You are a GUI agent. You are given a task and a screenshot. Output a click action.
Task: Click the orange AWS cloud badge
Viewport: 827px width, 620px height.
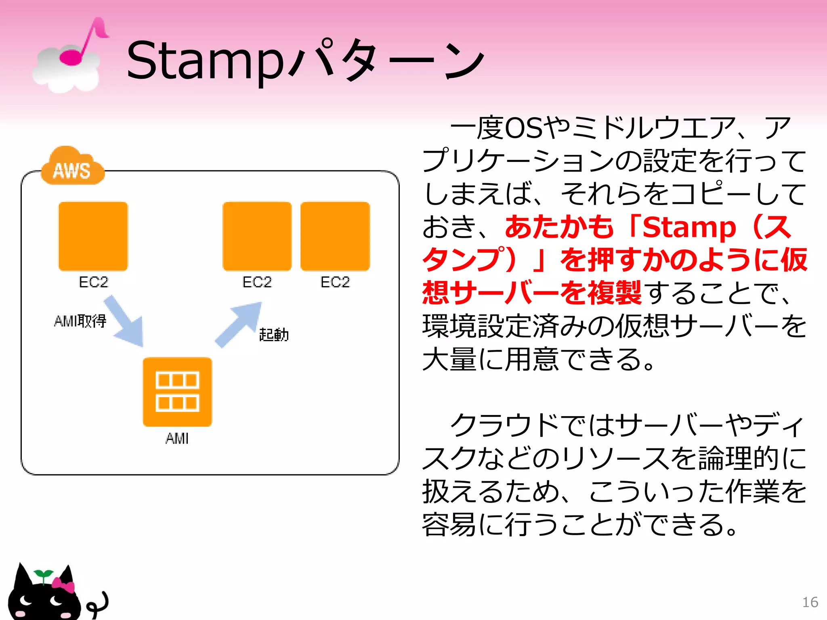pos(72,168)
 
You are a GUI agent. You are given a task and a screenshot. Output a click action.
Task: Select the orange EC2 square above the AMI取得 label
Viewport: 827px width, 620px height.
pos(93,237)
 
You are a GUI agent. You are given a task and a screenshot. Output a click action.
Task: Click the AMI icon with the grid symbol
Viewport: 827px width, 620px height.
pos(177,392)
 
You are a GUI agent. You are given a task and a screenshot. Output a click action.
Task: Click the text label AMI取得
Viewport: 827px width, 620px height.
pos(80,321)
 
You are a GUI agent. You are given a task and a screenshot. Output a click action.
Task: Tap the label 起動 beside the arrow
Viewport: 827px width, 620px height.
pos(274,335)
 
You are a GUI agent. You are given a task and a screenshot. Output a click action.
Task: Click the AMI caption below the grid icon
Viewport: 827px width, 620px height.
pos(177,438)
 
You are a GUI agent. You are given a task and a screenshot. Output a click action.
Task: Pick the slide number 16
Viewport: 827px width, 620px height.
pos(810,602)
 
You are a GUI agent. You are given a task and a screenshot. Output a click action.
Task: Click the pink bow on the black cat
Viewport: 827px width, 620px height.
pos(64,585)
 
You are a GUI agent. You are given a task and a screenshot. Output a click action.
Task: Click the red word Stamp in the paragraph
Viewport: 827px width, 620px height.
pos(689,228)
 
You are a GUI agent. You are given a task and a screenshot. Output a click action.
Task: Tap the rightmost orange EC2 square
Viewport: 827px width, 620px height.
pos(335,237)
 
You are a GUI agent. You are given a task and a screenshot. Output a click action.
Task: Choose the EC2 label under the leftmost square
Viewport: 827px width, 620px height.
pos(93,282)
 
